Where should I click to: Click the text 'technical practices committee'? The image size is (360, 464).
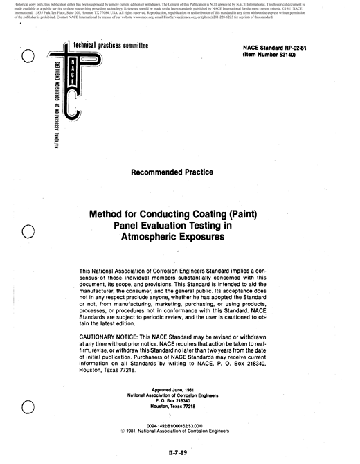[116, 47]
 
